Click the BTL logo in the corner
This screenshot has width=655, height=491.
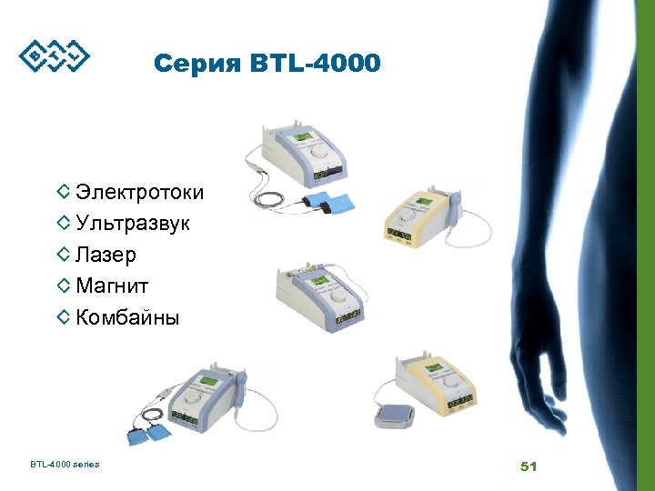point(55,55)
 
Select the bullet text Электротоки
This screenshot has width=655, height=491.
point(139,192)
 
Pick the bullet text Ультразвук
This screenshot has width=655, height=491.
point(133,223)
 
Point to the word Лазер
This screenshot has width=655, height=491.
point(106,255)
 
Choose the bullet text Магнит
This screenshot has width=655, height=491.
point(112,286)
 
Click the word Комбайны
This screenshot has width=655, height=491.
point(127,317)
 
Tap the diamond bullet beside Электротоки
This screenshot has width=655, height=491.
point(63,192)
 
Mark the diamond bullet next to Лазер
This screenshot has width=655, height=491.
point(63,254)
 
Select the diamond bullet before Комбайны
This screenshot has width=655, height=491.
point(63,316)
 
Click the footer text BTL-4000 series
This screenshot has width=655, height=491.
point(65,465)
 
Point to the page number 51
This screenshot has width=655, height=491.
point(529,466)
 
